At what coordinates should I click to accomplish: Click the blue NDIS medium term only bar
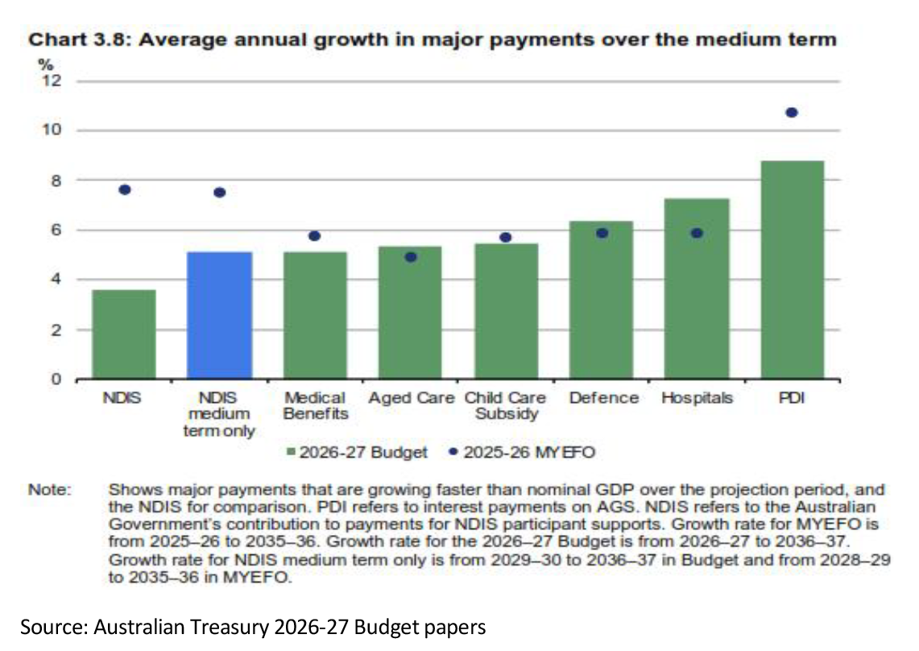pos(220,316)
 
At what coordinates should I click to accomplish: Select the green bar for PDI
pos(792,270)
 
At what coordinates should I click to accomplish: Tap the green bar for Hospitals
pos(697,289)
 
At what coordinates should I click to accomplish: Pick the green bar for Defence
pos(602,301)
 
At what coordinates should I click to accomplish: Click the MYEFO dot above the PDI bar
pos(792,113)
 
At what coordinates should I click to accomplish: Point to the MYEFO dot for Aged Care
pos(411,257)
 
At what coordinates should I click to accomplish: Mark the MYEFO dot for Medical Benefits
pos(315,236)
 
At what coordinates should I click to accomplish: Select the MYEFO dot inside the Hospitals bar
pos(697,234)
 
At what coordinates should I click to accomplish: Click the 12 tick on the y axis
pos(52,81)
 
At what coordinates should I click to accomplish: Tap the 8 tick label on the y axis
pos(56,180)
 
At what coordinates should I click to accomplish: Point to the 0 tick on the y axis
pos(56,379)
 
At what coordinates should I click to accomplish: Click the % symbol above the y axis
pos(46,64)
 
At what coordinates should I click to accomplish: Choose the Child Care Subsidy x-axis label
pos(506,405)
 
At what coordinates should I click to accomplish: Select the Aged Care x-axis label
pos(412,398)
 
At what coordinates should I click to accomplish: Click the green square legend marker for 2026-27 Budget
pos(291,452)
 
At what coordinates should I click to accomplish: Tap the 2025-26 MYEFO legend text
pos(529,452)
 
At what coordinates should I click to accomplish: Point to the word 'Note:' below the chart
pos(50,489)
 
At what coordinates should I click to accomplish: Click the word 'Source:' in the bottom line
pos(54,627)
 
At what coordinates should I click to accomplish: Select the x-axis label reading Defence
pos(604,398)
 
